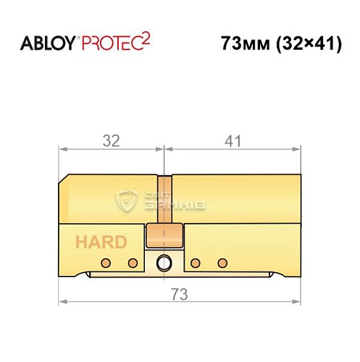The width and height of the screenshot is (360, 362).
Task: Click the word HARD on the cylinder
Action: [99, 242]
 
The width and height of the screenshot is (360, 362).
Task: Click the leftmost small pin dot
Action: [105, 261]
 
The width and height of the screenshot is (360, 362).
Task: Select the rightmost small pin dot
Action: [224, 261]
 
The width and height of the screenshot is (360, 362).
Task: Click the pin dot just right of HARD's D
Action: [133, 261]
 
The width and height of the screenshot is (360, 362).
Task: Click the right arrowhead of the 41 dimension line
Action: [296, 150]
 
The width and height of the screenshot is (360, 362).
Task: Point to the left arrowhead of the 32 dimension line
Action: [62, 150]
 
